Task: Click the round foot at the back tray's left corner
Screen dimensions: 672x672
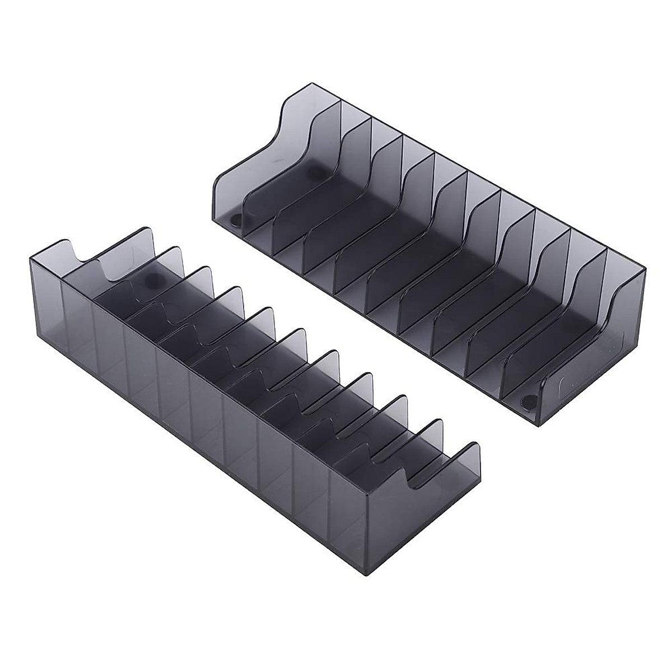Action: pos(236,220)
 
